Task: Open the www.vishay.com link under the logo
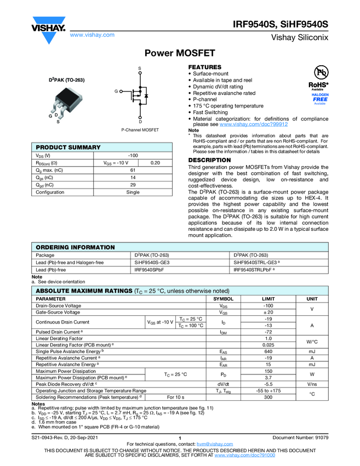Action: [92, 35]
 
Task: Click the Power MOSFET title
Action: [180, 54]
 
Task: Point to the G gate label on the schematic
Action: [116, 91]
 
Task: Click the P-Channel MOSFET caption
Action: [140, 130]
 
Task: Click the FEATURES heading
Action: [205, 67]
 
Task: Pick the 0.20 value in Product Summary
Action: [155, 163]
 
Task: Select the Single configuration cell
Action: [133, 192]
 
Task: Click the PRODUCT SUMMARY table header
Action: [68, 147]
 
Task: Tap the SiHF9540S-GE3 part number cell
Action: [152, 263]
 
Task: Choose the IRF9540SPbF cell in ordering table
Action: [150, 270]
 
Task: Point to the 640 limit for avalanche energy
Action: [268, 351]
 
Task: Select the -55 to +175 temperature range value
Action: [268, 390]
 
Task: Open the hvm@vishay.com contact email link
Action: [212, 444]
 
